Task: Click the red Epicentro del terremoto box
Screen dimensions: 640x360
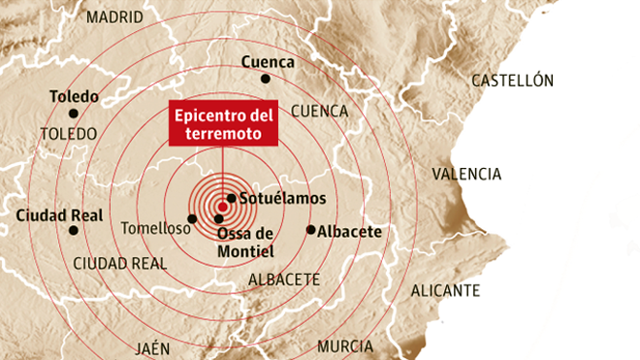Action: click(223, 124)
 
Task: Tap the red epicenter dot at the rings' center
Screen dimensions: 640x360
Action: click(223, 207)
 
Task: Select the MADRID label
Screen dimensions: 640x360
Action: click(114, 17)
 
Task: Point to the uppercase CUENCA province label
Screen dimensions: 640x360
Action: click(319, 111)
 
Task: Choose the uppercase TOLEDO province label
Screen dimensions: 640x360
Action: click(69, 133)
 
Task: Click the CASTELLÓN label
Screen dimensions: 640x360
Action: click(512, 82)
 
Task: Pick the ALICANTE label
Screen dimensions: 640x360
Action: click(445, 290)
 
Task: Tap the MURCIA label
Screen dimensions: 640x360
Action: click(344, 346)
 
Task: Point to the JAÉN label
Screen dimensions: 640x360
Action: click(153, 347)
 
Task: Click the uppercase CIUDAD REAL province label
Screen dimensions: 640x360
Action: click(120, 263)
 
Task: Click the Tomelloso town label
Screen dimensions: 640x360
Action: click(156, 229)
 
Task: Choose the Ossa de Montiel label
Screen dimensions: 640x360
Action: click(245, 243)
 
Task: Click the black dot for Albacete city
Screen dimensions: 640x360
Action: click(310, 230)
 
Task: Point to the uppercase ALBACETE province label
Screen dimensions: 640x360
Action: click(284, 279)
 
